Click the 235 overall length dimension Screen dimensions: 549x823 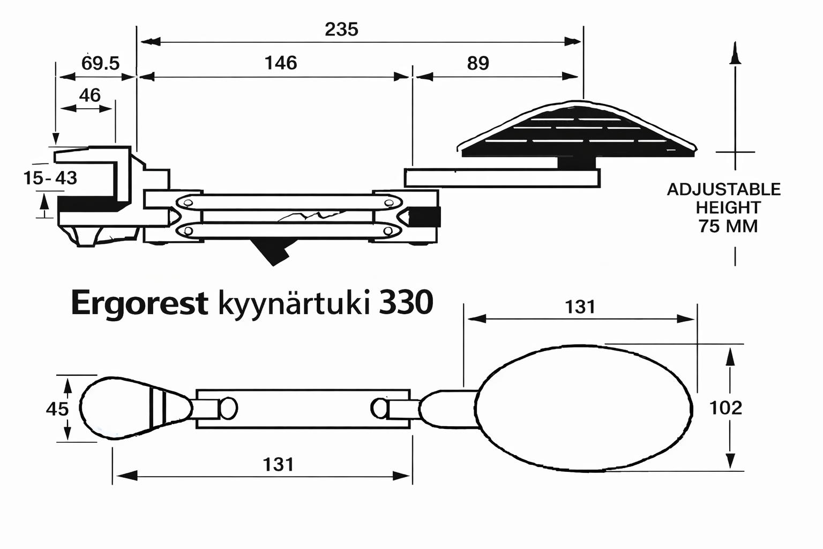click(x=341, y=29)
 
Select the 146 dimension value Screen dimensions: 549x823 click(x=281, y=63)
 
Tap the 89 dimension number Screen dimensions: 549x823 click(x=478, y=63)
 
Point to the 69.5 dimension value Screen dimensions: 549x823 click(x=100, y=63)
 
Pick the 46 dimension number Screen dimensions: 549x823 click(x=89, y=95)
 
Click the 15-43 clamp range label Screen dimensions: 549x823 click(x=50, y=177)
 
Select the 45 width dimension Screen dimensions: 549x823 click(x=57, y=409)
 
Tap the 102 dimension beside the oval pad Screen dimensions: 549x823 click(x=725, y=408)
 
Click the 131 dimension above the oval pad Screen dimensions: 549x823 click(x=580, y=307)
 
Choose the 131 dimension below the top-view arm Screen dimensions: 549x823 click(x=279, y=464)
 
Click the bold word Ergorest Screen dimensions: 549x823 click(x=139, y=303)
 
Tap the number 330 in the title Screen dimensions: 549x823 click(x=406, y=303)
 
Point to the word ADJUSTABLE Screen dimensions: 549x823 click(x=723, y=189)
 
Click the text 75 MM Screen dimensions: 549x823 click(x=728, y=226)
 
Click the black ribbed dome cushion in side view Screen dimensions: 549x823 click(x=576, y=131)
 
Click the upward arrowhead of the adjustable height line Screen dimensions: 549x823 click(x=735, y=54)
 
